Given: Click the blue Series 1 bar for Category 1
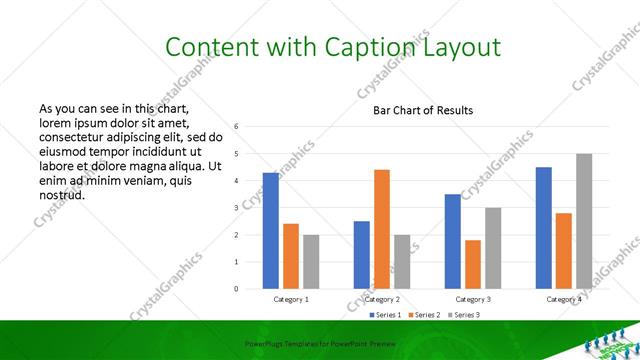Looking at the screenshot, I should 270,231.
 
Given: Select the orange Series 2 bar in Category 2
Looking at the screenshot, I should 382,229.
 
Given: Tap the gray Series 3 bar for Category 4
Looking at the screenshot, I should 583,221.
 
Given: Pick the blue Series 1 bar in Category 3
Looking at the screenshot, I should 452,241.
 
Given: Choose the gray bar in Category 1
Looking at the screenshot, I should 311,262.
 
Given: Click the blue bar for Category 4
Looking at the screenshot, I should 543,228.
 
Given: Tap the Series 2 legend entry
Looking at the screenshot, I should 430,315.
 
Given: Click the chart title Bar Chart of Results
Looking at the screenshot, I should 423,110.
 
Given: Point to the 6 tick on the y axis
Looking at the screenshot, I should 236,127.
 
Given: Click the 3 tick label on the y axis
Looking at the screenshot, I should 236,208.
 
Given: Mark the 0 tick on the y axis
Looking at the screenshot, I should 236,289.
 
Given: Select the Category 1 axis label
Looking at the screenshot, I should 291,299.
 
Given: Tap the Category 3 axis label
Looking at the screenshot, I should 472,299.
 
